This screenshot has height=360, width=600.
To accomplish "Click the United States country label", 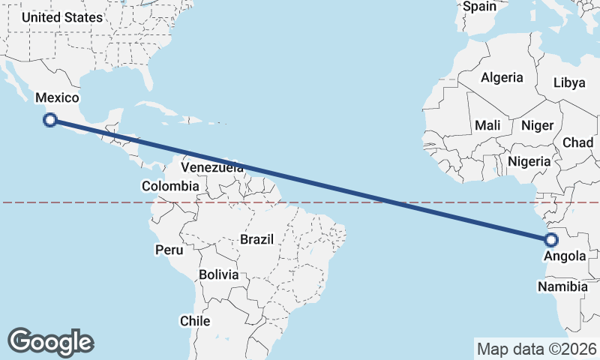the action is pos(62,16).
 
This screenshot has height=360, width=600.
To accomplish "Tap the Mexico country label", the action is pos(58,97).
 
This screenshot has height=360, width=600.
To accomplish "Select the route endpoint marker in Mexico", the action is pos(50,119).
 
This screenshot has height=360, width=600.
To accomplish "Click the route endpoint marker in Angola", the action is pos(551,240).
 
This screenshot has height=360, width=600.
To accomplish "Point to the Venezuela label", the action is pos(212,167).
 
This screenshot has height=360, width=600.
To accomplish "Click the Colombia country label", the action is pos(170,186).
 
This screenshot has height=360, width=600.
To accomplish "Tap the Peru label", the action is pos(169,249).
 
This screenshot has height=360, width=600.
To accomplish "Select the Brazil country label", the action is pos(256,239).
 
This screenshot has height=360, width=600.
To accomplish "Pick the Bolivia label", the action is pos(218,275).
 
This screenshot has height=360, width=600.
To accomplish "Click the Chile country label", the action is pos(195,321).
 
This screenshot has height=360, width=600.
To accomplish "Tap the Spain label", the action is pos(480,7).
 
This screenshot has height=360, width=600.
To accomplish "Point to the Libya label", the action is pos(568,83).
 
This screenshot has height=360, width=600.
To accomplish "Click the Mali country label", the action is pos(487,125).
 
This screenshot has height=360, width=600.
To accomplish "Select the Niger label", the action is pos(536,125).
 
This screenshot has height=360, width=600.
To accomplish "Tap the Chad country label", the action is pos(577,142).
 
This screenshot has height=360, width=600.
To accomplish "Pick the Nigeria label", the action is pos(529,161).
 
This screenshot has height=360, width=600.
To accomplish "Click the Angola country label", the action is pos(565,256).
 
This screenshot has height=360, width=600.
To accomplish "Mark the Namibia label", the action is pos(562,286).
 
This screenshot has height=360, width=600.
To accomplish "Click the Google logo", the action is pos(50,342).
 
